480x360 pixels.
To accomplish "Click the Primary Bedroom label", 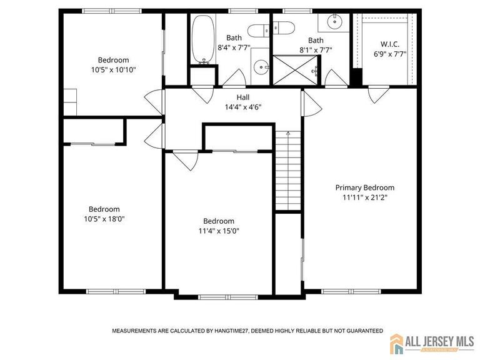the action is tap(364, 187).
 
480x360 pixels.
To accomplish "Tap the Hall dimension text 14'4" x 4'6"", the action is tap(243, 107).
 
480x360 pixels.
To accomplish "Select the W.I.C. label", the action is tap(390, 44).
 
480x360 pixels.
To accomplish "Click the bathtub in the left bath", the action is tap(203, 39).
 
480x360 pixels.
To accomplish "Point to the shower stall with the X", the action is tap(296, 70).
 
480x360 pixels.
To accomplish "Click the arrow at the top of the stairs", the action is tap(287, 133).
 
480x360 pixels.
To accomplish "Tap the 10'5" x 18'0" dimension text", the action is tap(104, 219).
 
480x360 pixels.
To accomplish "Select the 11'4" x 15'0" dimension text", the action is tap(219, 231).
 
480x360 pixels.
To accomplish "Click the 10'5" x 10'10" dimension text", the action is tap(113, 70).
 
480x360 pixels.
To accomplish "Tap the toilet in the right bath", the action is tap(284, 28).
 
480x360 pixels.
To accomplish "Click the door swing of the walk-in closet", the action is tap(379, 95).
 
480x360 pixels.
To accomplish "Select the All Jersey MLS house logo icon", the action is tap(396, 344).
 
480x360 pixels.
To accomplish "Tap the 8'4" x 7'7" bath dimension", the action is tap(234, 47).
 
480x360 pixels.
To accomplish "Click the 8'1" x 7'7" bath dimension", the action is tap(316, 50).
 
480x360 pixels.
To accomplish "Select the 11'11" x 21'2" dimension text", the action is tap(365, 197).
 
